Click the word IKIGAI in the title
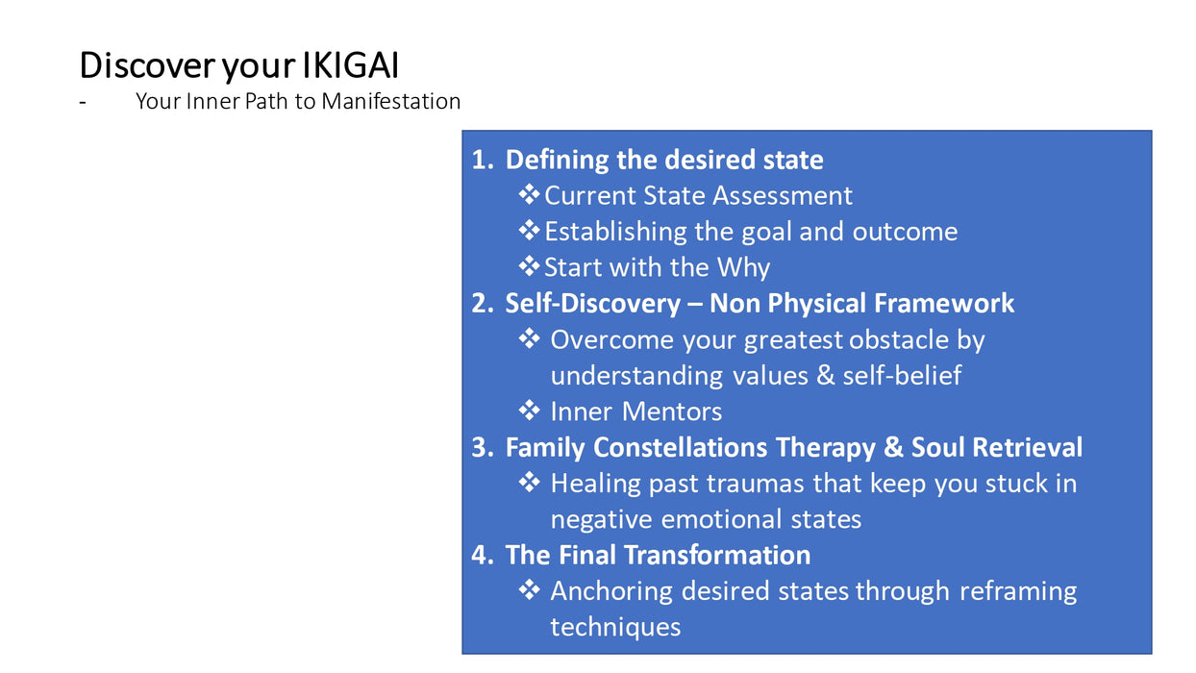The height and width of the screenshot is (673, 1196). (x=350, y=65)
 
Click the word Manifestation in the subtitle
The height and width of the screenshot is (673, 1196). (x=391, y=101)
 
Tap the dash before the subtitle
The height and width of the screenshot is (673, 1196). (x=83, y=102)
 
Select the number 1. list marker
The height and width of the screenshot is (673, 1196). (x=483, y=160)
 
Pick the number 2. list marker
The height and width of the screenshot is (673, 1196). (x=483, y=304)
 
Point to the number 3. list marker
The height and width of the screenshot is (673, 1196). (x=483, y=447)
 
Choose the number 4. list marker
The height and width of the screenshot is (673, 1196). (x=483, y=555)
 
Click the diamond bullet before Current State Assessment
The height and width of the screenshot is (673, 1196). (x=529, y=194)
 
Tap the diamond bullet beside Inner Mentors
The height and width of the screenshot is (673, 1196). (x=529, y=411)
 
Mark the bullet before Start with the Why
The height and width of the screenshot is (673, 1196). (x=529, y=266)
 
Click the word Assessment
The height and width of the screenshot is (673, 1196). (x=783, y=195)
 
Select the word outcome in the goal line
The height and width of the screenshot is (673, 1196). (x=905, y=232)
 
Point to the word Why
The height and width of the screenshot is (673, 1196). (x=743, y=268)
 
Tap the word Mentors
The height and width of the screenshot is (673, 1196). (x=672, y=411)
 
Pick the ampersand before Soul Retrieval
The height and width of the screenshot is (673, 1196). (x=893, y=447)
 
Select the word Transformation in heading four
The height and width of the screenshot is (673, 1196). (x=717, y=555)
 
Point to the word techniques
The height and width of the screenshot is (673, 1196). (x=615, y=627)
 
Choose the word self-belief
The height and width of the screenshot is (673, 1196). (x=903, y=375)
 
